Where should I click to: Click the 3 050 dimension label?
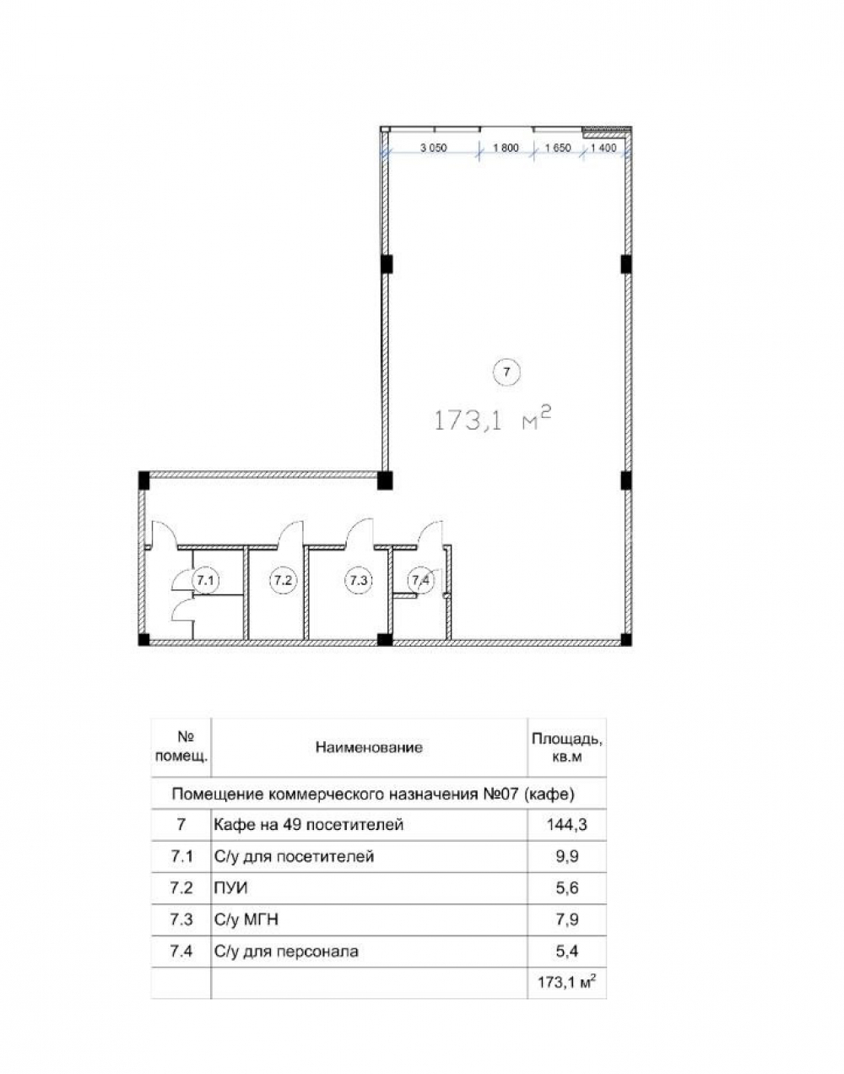(434, 148)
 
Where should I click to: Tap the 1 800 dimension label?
(506, 148)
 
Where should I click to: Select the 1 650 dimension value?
(558, 148)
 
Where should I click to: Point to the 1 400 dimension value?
(603, 148)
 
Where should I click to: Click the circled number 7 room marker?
(506, 372)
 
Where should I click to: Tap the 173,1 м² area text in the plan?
(493, 420)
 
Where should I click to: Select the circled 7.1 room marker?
(205, 580)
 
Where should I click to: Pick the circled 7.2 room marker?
(283, 580)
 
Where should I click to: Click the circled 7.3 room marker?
(359, 580)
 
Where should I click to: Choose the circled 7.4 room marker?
(421, 580)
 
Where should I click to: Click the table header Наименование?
(369, 747)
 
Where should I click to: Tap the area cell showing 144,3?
(566, 824)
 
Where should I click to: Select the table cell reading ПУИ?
(230, 888)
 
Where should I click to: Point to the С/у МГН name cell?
(246, 919)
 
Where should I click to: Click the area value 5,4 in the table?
(566, 952)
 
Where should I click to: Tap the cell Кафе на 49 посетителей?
(308, 824)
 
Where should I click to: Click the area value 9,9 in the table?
(566, 856)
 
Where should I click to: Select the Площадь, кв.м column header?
(566, 747)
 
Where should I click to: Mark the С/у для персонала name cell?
(286, 952)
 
